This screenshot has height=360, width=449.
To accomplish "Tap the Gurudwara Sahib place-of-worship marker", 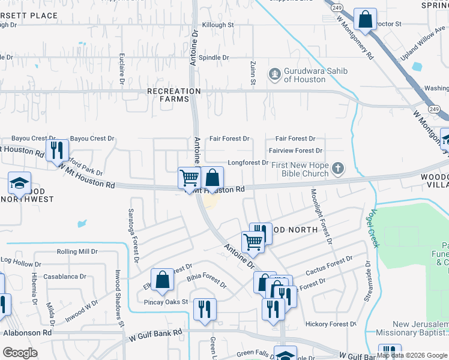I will tap(275, 74).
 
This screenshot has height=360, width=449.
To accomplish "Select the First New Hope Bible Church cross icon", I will tap(339, 168).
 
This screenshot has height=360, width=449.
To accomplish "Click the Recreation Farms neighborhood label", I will tap(174, 95).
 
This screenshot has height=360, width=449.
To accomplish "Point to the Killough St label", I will tap(218, 25).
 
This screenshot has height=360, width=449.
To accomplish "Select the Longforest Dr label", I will tap(248, 163).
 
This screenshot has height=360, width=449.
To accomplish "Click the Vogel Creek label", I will tap(371, 227).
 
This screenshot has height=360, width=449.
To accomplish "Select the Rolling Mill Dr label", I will tap(77, 252).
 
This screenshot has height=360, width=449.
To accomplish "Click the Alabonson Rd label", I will tap(28, 332).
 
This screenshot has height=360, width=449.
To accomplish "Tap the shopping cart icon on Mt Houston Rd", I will tap(189, 178).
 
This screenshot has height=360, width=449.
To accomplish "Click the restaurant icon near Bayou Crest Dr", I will tap(56, 149).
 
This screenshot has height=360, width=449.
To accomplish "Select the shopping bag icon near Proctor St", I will tap(365, 20).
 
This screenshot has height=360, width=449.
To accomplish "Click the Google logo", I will tap(20, 353).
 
